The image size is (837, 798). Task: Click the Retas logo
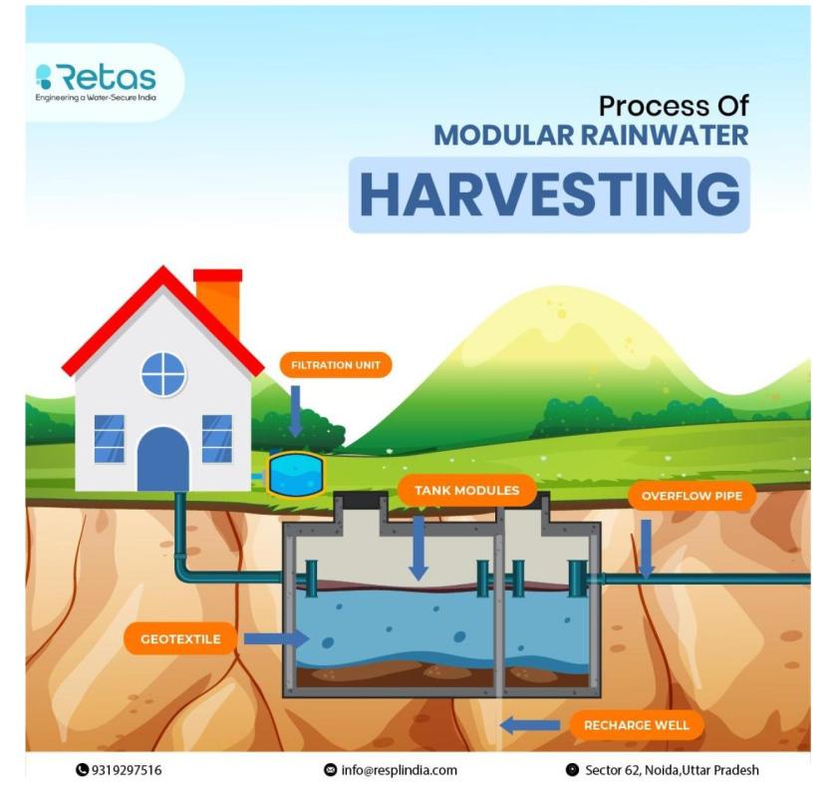click(96, 81)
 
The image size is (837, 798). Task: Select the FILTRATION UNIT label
click(335, 365)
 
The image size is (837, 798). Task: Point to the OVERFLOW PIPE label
click(692, 496)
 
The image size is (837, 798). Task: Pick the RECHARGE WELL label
click(637, 724)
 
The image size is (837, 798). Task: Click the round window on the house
click(163, 374)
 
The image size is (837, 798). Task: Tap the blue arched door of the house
click(163, 459)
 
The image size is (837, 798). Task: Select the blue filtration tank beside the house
click(296, 475)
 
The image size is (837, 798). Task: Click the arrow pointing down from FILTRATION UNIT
click(295, 411)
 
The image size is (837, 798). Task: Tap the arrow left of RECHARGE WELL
click(529, 725)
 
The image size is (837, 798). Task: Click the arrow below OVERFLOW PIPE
click(647, 549)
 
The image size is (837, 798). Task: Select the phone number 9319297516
click(119, 770)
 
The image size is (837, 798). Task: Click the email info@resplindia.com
click(391, 770)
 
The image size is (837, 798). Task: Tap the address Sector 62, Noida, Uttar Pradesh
click(663, 770)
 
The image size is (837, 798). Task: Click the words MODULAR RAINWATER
click(591, 135)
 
